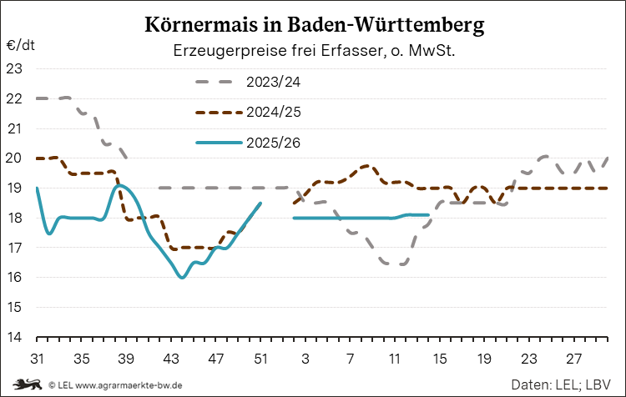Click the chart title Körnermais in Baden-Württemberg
point(313,26)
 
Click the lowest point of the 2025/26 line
point(182,277)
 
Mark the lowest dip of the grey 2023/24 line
point(395,264)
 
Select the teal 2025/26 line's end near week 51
point(260,203)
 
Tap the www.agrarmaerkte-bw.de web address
point(127,385)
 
